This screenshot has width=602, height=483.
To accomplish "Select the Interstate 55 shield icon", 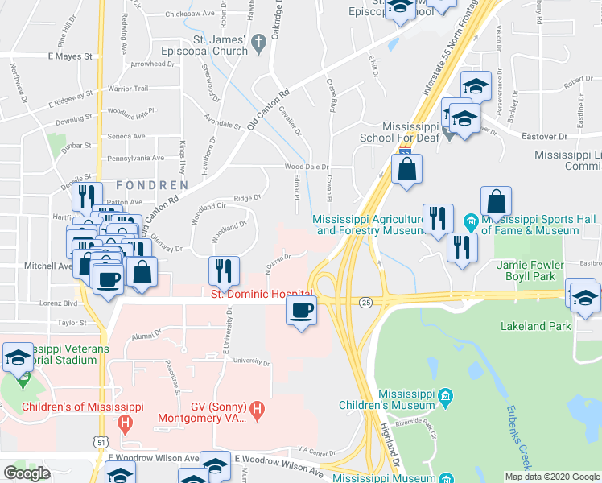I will pyautogui.click(x=406, y=151).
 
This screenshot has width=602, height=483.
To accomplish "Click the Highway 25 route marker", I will pyautogui.click(x=366, y=302).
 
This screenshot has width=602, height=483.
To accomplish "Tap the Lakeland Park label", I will pyautogui.click(x=535, y=326).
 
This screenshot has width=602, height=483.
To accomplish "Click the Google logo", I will pyautogui.click(x=27, y=473).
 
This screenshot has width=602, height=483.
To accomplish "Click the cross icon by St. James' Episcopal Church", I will pyautogui.click(x=258, y=43).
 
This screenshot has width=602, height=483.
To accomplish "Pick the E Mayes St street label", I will pyautogui.click(x=71, y=57).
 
